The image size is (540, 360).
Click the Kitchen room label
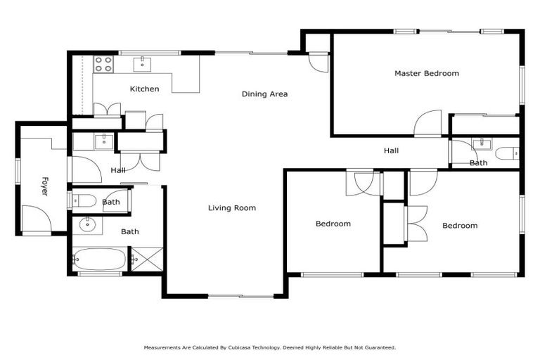pos(144,89)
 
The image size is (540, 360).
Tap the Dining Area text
pos(264,94)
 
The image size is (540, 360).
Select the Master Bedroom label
pos(426,73)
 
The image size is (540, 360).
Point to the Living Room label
pos(231,208)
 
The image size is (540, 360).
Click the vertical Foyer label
pos(44,186)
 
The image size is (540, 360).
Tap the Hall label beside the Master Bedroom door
pos(391,150)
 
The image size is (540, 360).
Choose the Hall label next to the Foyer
pos(117,170)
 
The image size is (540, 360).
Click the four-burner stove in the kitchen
pos(103,64)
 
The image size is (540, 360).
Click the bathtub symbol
pos(99,259)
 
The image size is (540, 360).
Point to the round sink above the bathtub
pos(88,225)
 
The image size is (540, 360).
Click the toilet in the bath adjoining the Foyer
pos(83,201)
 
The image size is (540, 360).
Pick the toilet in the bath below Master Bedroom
pos(506,153)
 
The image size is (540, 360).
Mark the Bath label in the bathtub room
pos(129,231)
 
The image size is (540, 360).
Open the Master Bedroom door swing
pos(427,124)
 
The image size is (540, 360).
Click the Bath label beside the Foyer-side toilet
pos(110,202)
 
